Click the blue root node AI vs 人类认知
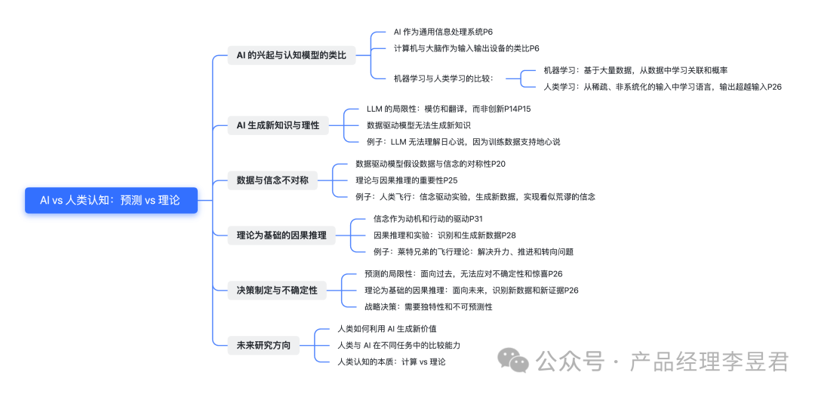111,200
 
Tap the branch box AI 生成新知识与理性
278,125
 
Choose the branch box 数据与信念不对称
272,180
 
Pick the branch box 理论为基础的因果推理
281,235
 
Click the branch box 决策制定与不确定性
277,290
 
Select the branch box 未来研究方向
263,346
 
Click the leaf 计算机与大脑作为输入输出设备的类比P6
466,48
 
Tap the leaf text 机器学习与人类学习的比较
444,78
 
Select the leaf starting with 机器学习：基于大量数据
635,70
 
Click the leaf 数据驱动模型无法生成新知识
419,125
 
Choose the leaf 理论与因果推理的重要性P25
407,180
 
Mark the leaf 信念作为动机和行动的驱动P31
428,219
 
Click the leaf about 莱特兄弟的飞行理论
473,251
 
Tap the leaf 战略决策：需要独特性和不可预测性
428,306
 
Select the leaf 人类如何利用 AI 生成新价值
386,329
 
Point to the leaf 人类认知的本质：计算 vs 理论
391,362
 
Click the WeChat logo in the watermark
518,361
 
